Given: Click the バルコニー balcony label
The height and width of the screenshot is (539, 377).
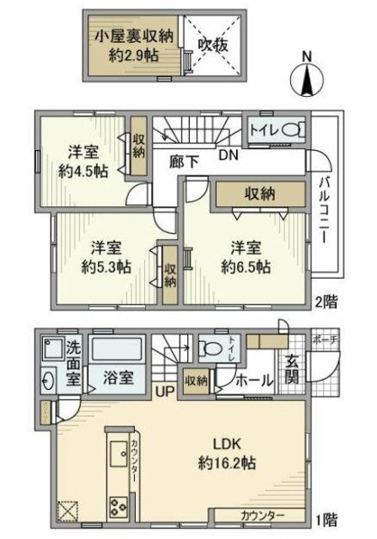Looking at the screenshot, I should (x=324, y=211).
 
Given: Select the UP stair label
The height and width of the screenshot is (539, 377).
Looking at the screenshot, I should (x=164, y=390).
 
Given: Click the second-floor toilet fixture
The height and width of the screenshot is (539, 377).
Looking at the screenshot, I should (x=289, y=131).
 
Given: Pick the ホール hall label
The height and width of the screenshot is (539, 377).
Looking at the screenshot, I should (x=254, y=381).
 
